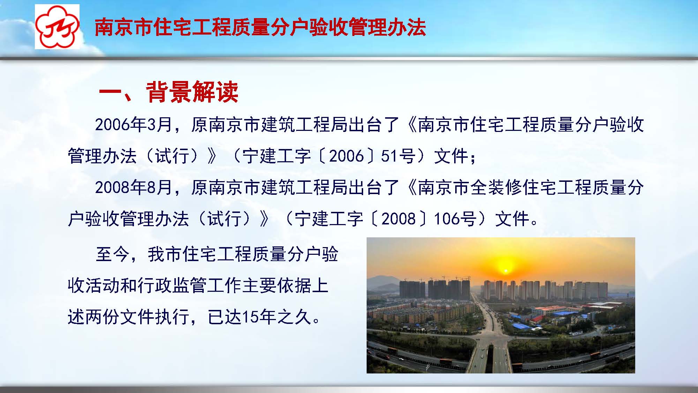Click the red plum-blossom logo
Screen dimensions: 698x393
click(57, 27)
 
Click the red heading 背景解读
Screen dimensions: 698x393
click(192, 92)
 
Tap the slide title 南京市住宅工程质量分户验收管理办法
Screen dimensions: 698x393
click(260, 27)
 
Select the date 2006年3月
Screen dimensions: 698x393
click(134, 124)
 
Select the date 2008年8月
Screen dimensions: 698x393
click(134, 187)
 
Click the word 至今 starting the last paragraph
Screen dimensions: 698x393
click(112, 254)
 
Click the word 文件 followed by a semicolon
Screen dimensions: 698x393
click(451, 156)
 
